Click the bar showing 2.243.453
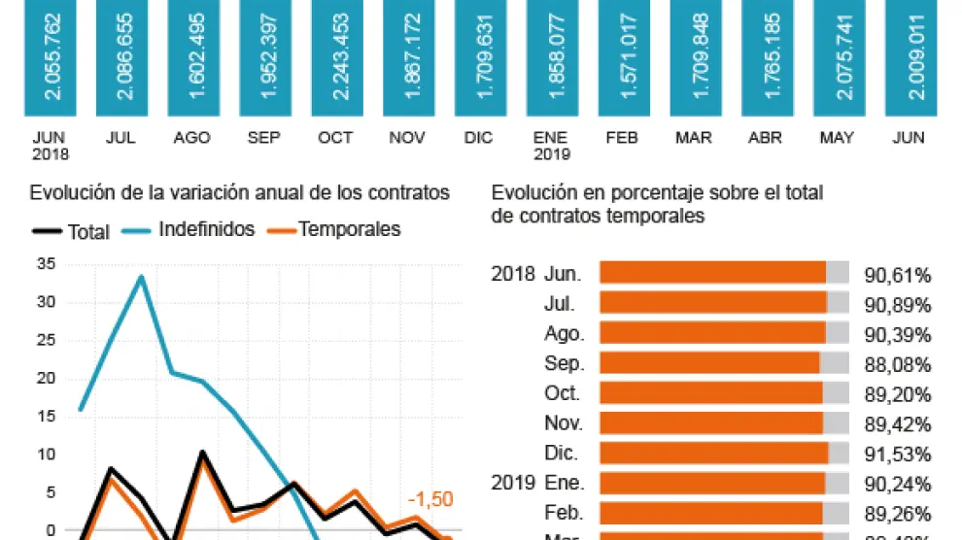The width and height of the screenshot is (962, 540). tap(337, 58)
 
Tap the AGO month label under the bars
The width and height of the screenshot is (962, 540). tap(192, 138)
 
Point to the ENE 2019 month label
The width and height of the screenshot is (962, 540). tap(551, 146)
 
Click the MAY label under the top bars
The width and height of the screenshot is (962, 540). tap(836, 138)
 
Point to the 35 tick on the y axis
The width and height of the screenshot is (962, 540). tap(44, 264)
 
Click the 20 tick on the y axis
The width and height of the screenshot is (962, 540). tap(44, 378)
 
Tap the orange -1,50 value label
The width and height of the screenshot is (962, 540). tap(430, 499)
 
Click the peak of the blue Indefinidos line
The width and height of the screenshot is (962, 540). tap(142, 277)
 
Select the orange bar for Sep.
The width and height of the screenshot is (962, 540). tap(709, 364)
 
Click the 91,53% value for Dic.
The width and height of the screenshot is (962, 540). tap(898, 454)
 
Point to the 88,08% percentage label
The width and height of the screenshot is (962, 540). tap(898, 365)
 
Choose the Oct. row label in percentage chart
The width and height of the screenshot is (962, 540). tap(563, 393)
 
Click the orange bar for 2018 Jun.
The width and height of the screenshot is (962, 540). tap(712, 274)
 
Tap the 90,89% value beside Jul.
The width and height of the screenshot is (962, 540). tap(898, 305)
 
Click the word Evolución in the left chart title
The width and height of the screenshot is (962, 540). tap(67, 193)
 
